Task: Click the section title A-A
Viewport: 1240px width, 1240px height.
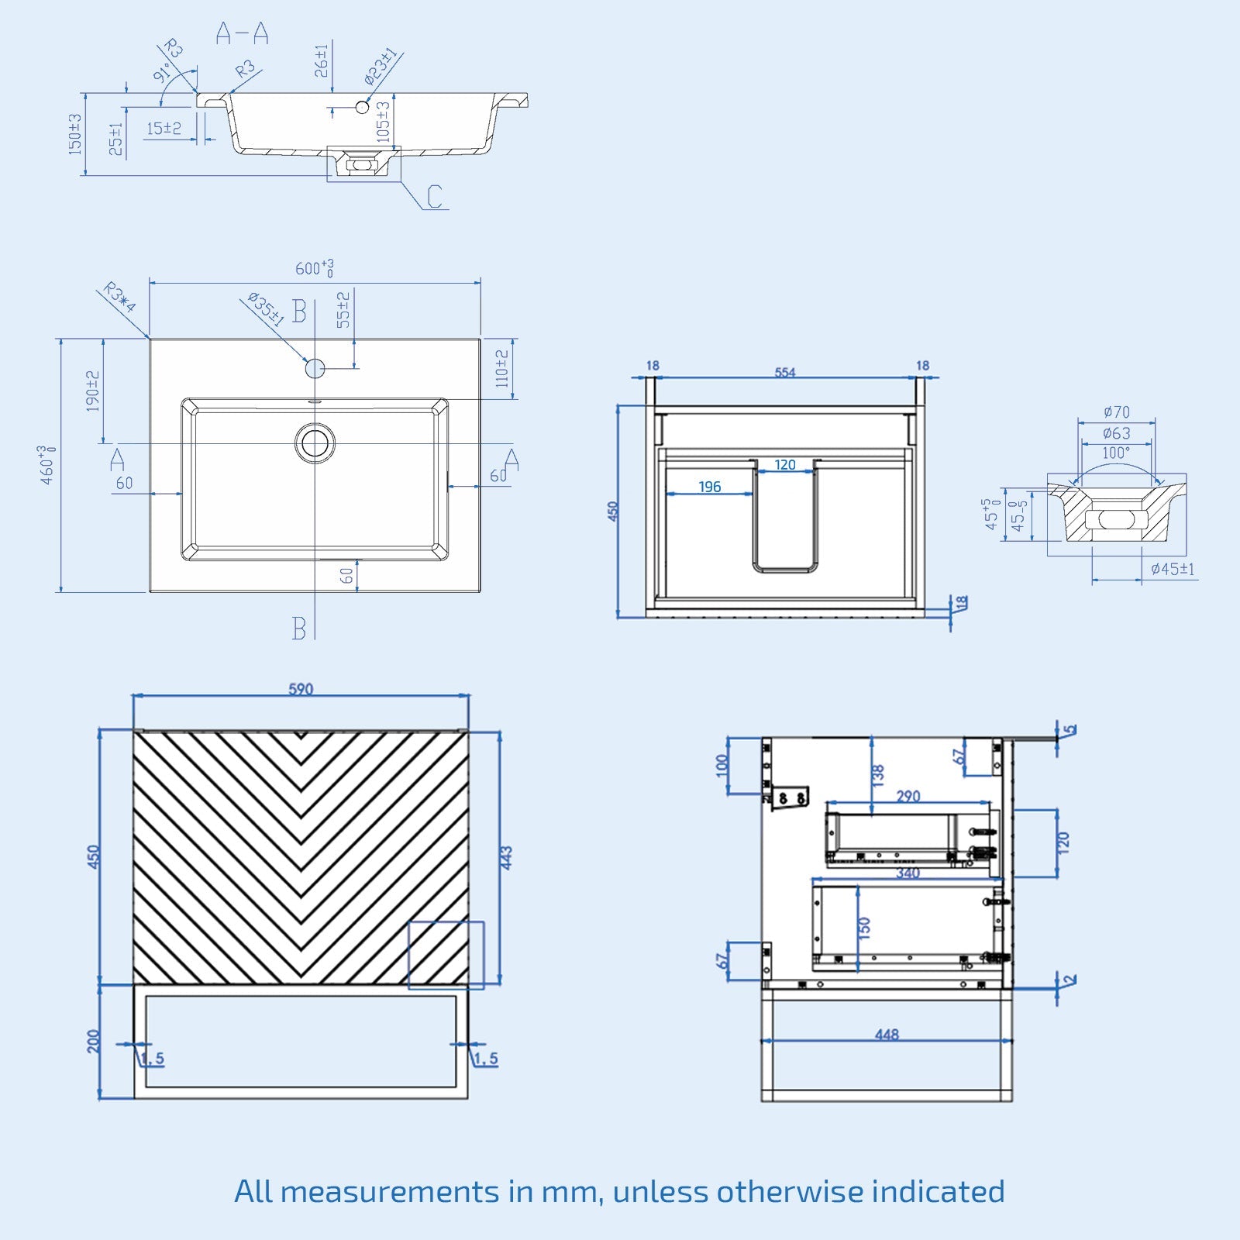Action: tap(242, 33)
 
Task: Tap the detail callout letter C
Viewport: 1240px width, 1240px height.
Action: tap(434, 196)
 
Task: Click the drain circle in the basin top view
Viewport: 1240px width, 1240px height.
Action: tap(315, 443)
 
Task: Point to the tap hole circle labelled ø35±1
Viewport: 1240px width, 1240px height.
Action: tap(315, 367)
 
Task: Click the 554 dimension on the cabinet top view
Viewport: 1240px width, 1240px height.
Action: tap(784, 372)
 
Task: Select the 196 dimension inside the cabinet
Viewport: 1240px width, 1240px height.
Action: tap(709, 487)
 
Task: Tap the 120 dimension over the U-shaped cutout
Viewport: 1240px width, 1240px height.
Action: tap(785, 465)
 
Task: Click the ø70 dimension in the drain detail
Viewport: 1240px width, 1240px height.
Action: tap(1116, 412)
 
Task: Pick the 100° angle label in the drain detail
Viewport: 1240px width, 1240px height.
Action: tap(1116, 453)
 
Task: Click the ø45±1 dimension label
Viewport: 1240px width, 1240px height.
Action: tap(1172, 570)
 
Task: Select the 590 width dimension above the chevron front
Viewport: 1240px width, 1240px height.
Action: tap(301, 689)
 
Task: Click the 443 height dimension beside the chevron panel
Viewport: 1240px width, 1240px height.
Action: tap(506, 857)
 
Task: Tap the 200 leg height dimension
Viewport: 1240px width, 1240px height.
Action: tap(94, 1041)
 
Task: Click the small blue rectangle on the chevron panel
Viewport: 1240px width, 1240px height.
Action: tap(446, 955)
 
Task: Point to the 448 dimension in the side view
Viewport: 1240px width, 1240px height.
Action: tap(887, 1035)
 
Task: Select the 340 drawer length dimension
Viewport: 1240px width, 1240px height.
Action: tap(908, 873)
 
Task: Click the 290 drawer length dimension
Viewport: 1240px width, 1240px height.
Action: tap(908, 796)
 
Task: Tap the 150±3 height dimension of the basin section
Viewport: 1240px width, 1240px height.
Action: tap(75, 134)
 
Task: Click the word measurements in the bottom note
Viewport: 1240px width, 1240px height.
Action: tap(390, 1191)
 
